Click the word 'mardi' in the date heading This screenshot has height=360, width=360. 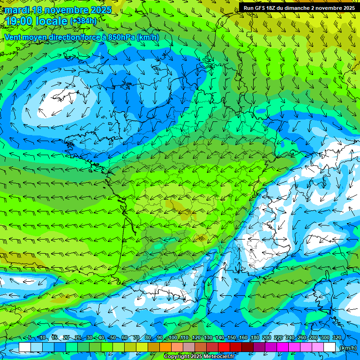pyautogui.click(x=15, y=10)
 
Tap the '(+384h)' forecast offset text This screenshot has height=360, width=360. pyautogui.click(x=83, y=21)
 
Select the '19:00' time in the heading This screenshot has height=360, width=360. pyautogui.click(x=18, y=21)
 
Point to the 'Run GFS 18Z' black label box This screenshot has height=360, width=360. pyautogui.click(x=299, y=7)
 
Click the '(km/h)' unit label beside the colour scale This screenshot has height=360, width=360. pyautogui.click(x=348, y=347)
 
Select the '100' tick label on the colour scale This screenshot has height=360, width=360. pyautogui.click(x=172, y=337)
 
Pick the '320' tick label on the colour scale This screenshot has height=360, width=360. pyautogui.click(x=337, y=337)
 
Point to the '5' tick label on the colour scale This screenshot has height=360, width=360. pyautogui.click(x=30, y=337)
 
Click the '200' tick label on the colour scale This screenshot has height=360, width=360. pyautogui.click(x=266, y=337)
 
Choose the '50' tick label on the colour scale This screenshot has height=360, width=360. pyautogui.click(x=113, y=337)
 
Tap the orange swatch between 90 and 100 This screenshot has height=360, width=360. pyautogui.click(x=165, y=347)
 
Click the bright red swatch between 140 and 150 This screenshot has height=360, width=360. pyautogui.click(x=224, y=347)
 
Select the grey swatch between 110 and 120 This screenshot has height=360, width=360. pyautogui.click(x=189, y=347)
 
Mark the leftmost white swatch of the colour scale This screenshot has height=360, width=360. pyautogui.click(x=25, y=347)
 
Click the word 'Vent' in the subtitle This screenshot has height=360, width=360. pyautogui.click(x=13, y=37)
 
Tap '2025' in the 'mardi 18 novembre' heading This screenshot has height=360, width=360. pyautogui.click(x=99, y=10)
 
